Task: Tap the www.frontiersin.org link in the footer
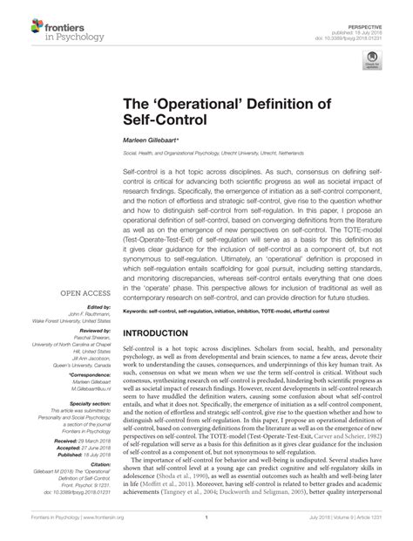[100, 529]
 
